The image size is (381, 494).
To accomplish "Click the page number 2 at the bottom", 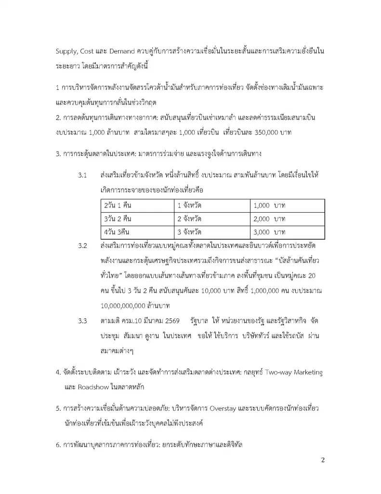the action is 323,460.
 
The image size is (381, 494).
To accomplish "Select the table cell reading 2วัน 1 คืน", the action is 118,206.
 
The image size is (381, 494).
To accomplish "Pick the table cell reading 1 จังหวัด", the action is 190,206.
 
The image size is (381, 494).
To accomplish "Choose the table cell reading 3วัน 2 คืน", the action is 118,219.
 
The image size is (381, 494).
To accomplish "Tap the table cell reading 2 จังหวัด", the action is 190,219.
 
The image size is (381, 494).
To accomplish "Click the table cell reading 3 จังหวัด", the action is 190,232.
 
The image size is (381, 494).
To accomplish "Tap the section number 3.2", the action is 82,247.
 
